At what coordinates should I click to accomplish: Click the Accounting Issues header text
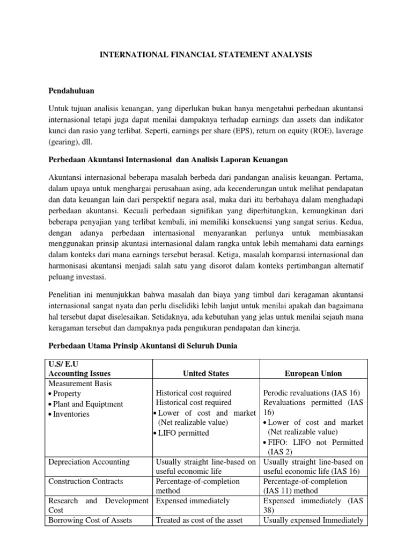78,374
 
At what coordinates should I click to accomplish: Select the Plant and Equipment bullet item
87,404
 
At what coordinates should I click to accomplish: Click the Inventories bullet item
71,414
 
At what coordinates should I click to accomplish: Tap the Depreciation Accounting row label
89,461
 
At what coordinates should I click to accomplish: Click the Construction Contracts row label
86,481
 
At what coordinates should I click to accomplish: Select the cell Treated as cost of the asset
199,520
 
